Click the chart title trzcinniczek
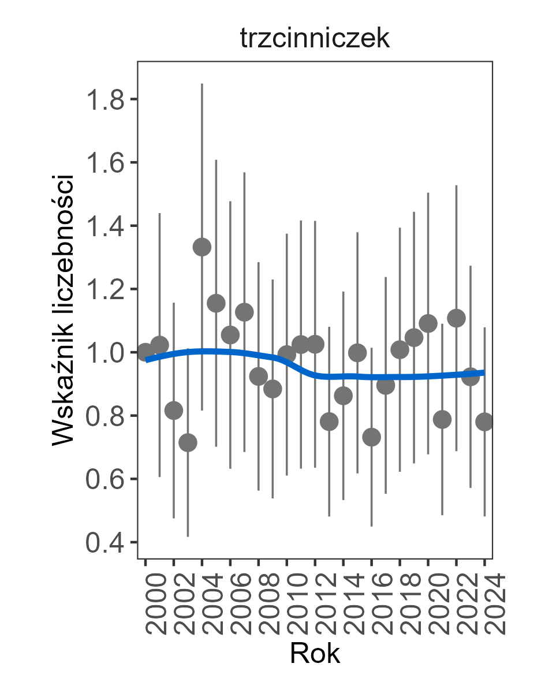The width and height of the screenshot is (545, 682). (315, 40)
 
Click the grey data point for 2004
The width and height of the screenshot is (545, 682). (202, 247)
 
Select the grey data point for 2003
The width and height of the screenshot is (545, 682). (188, 443)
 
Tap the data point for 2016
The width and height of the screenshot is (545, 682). (372, 437)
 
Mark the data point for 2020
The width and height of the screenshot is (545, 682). (428, 323)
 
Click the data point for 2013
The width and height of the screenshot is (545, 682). (329, 422)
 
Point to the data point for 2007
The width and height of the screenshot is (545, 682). (244, 312)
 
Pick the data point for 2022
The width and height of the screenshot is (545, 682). (457, 318)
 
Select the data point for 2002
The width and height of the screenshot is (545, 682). (174, 411)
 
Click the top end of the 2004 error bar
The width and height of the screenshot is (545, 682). (202, 84)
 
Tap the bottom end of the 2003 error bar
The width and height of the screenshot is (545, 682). (188, 536)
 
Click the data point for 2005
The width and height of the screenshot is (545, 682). (216, 303)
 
